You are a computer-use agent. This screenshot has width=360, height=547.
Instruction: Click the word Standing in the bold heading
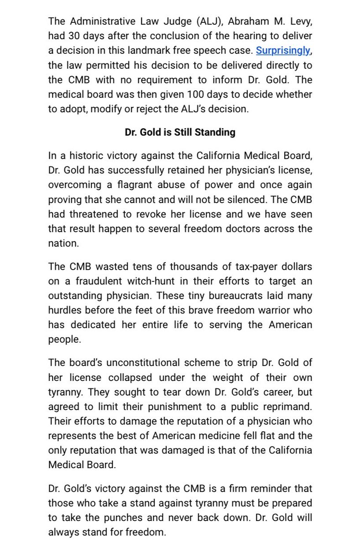pos(216,132)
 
